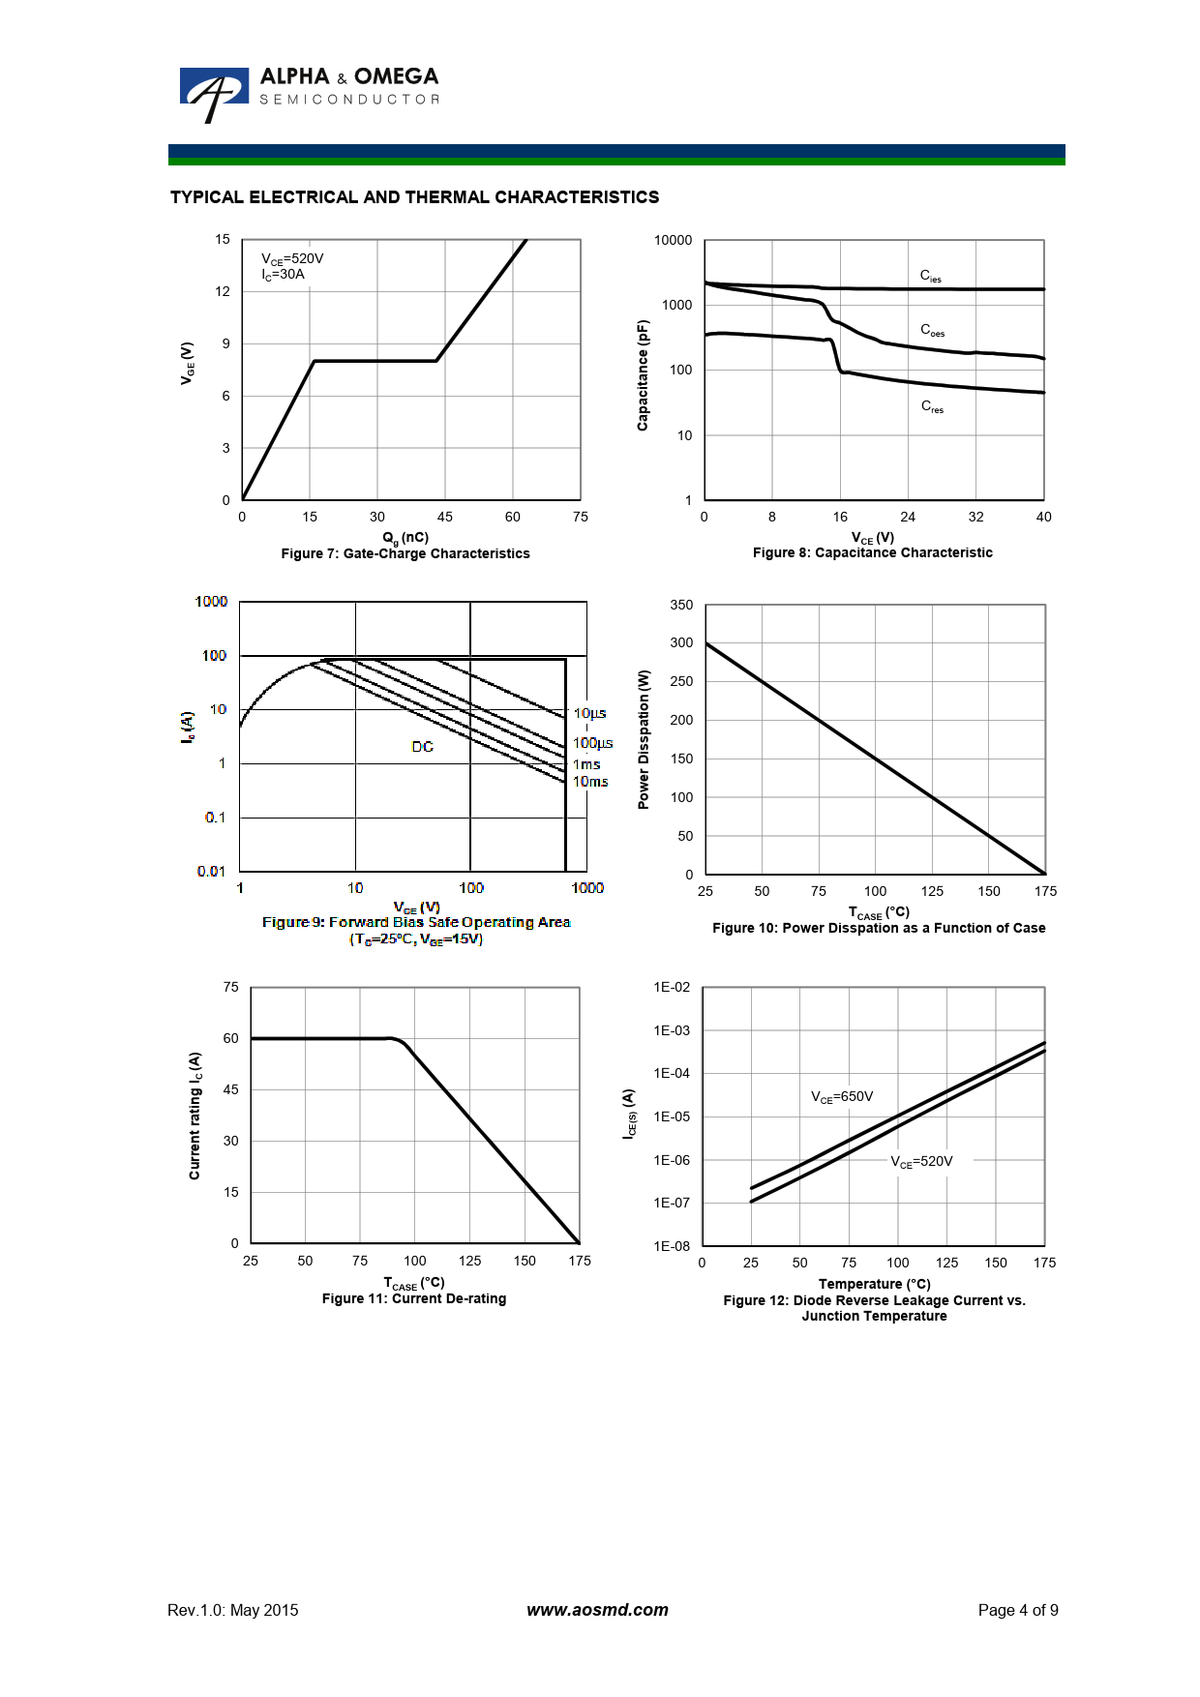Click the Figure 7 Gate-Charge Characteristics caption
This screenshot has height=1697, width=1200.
405,553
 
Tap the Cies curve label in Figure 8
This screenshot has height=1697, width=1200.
930,277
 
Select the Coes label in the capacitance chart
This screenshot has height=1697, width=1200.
932,330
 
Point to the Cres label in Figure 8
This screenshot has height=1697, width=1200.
932,406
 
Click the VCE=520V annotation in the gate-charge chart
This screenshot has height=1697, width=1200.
292,258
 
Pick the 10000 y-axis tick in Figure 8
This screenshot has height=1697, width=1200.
673,240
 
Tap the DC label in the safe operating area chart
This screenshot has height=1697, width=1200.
423,747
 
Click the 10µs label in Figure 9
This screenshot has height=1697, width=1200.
589,713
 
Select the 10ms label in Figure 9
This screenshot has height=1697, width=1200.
590,782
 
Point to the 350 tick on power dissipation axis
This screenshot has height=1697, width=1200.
681,605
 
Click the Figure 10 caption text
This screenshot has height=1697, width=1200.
879,928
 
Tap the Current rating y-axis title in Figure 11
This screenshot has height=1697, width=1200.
195,1116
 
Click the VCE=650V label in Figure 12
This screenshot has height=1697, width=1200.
842,1096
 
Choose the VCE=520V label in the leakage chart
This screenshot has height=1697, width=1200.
921,1161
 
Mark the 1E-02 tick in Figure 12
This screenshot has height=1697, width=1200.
672,987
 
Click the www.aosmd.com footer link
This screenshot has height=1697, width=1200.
597,1610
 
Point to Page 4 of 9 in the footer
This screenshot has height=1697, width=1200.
1017,1610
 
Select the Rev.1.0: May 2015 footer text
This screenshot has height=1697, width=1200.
233,1610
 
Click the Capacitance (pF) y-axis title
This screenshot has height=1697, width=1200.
643,375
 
